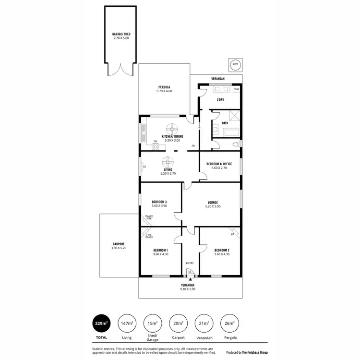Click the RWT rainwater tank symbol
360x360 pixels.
[x=235, y=64]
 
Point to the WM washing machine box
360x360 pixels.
[x=236, y=89]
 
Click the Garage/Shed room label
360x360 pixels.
[x=121, y=34]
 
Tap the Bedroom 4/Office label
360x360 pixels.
[x=219, y=164]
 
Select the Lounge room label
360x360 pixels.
[x=214, y=202]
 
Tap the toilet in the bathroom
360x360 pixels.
[x=235, y=144]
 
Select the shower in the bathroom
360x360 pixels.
[x=235, y=116]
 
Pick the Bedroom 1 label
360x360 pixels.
[x=160, y=250]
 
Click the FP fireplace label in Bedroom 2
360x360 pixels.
[x=233, y=235]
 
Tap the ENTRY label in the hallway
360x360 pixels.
[x=190, y=263]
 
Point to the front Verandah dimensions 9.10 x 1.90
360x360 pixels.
[x=188, y=289]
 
